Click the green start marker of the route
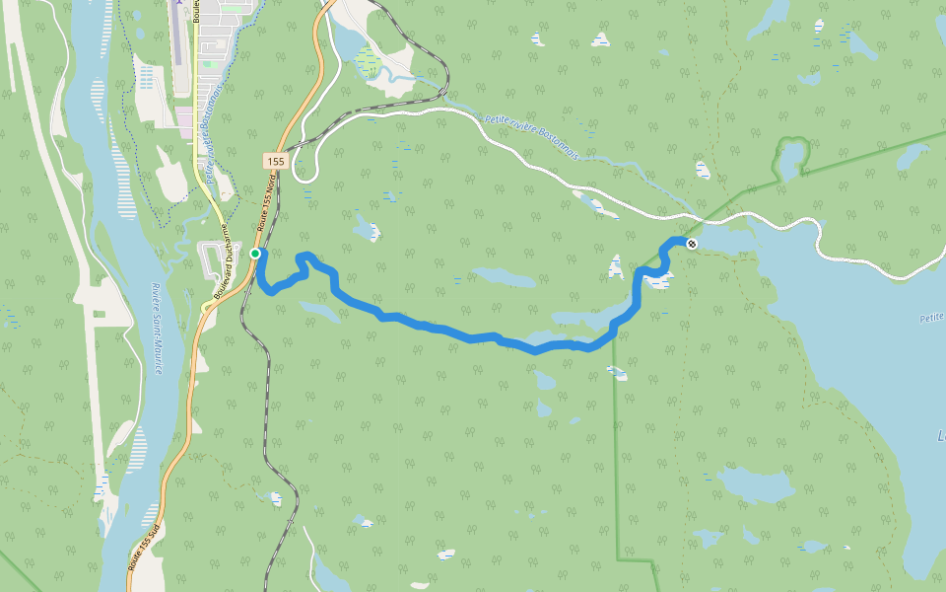tap(255, 254)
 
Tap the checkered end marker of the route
tap(692, 244)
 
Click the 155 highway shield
tap(275, 161)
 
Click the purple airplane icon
tap(177, 4)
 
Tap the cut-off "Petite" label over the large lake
tap(932, 318)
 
